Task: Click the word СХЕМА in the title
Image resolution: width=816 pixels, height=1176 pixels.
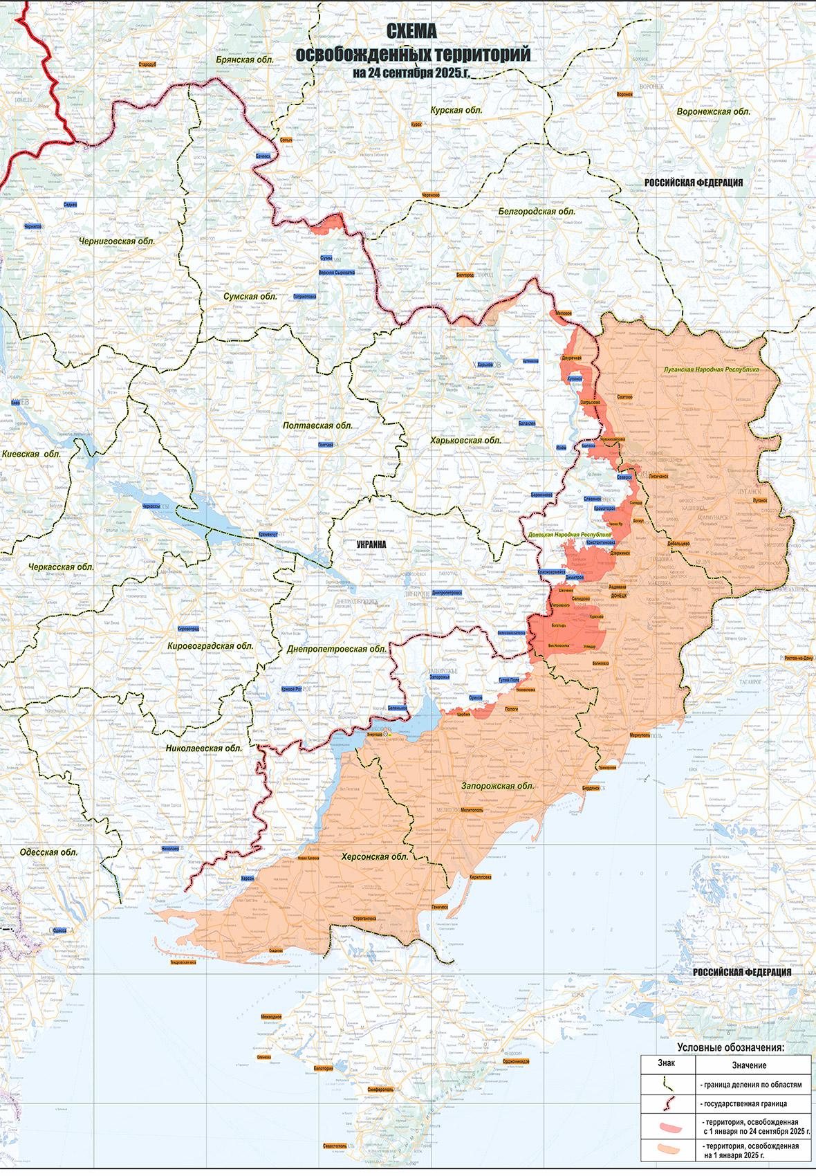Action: [412, 31]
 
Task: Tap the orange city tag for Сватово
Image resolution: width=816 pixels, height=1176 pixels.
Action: [624, 397]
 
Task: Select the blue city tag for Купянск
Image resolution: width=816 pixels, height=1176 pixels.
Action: [574, 379]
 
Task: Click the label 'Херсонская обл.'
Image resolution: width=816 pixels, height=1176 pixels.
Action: [375, 856]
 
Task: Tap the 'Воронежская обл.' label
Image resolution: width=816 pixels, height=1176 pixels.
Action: [713, 111]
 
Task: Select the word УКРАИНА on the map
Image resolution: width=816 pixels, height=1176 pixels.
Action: [371, 544]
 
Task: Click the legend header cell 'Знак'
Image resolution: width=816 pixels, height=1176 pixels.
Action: [668, 1064]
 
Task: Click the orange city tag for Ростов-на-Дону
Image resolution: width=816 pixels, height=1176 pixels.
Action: [799, 658]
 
